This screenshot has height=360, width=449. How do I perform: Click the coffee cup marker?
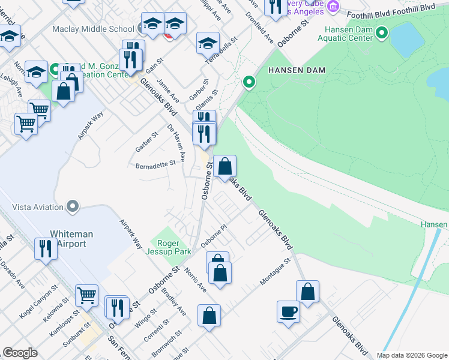pos(288,312)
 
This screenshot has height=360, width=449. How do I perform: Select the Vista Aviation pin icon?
pos(73,207)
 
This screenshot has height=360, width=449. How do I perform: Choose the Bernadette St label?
pos(155,164)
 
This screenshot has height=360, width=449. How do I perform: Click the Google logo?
pos(20,353)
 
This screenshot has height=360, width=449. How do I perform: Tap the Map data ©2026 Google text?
pos(411,355)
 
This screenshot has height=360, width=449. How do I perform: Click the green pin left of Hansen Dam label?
pos(248,82)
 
